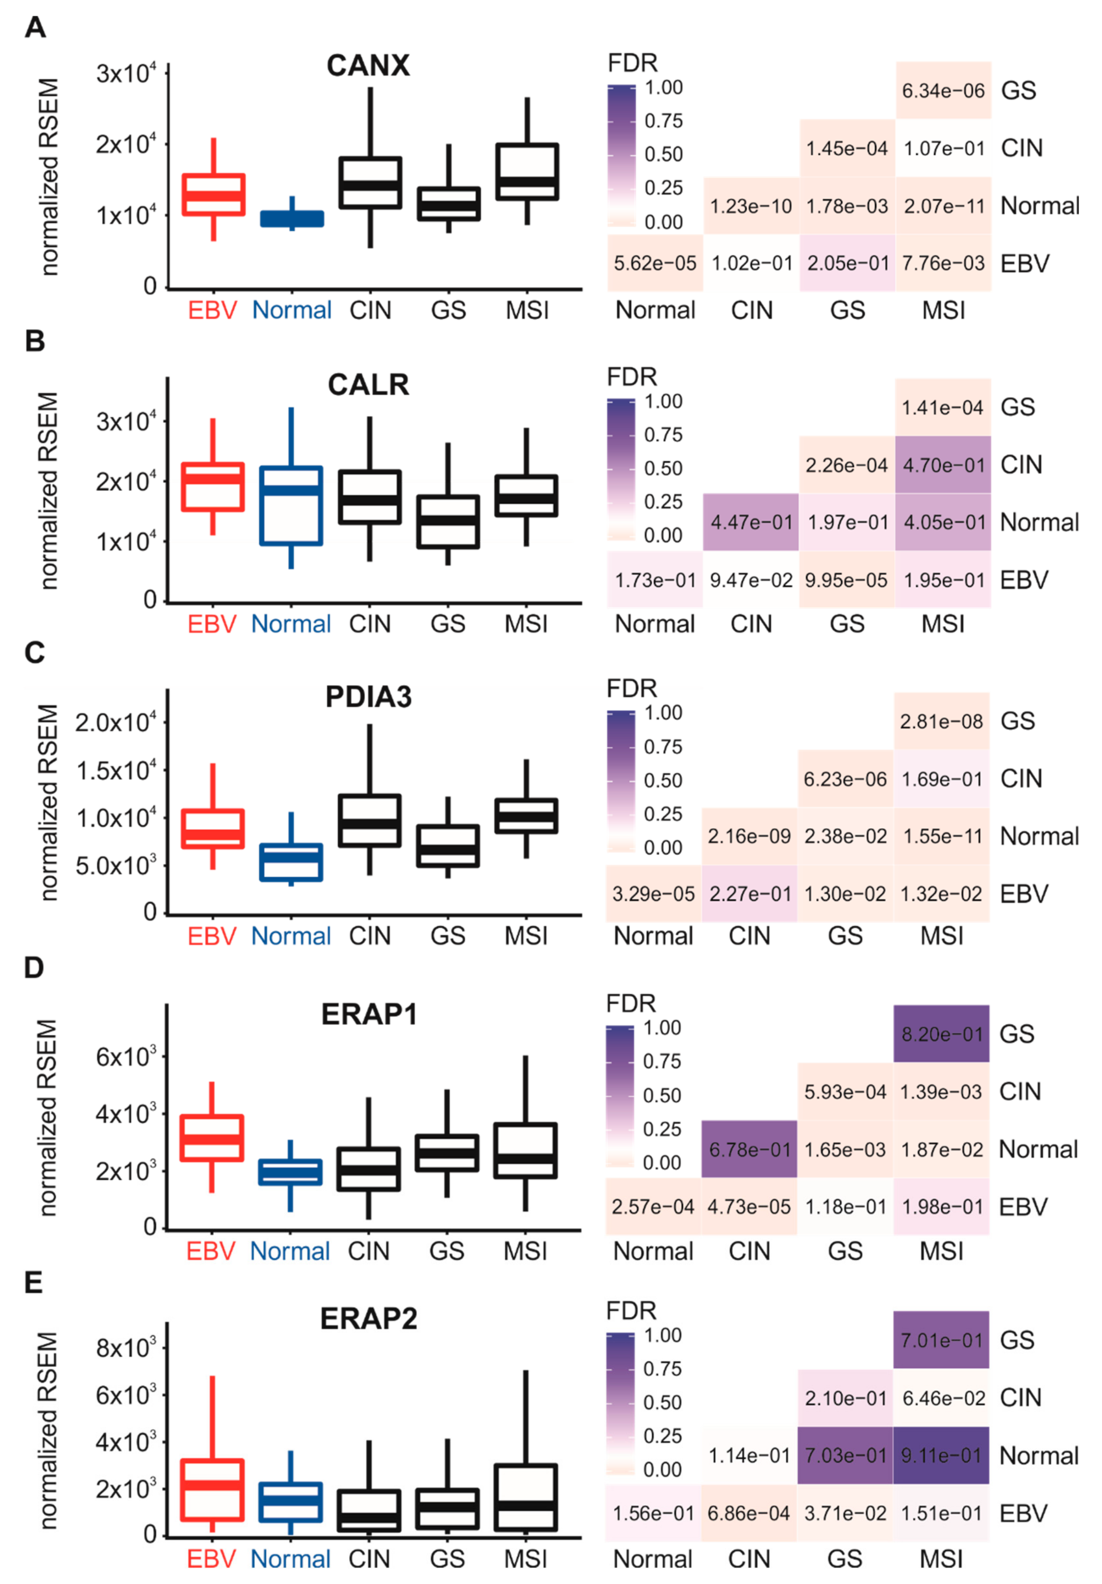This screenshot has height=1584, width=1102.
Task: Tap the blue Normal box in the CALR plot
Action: click(x=291, y=506)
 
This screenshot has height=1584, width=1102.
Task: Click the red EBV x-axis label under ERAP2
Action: click(x=211, y=1559)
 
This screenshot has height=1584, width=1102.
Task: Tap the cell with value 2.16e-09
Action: click(x=749, y=836)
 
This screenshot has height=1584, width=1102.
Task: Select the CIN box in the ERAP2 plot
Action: click(x=369, y=1511)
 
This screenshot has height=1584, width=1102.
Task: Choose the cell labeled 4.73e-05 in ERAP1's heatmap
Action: click(x=749, y=1206)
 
